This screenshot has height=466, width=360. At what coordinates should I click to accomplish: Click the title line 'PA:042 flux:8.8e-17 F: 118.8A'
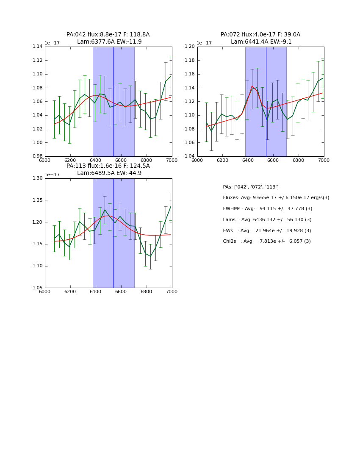pyautogui.click(x=108, y=35)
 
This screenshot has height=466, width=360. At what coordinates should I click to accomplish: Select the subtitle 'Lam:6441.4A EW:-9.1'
pyautogui.click(x=260, y=42)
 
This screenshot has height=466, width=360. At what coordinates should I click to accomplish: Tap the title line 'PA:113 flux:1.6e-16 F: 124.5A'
pyautogui.click(x=108, y=166)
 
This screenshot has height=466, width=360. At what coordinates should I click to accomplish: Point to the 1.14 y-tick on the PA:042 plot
pyautogui.click(x=38, y=47)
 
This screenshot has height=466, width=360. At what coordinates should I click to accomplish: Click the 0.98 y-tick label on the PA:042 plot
pyautogui.click(x=38, y=156)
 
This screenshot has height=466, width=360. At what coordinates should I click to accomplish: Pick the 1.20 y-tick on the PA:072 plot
pyautogui.click(x=190, y=47)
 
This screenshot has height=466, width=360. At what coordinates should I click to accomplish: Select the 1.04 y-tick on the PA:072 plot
pyautogui.click(x=190, y=156)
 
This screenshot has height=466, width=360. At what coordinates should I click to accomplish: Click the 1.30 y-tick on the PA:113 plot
pyautogui.click(x=38, y=178)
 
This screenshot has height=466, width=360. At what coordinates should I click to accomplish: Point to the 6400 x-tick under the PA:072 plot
pyautogui.click(x=248, y=161)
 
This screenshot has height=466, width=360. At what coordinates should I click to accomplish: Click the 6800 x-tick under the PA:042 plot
pyautogui.click(x=147, y=161)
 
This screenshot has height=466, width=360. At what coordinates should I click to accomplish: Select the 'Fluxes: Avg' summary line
pyautogui.click(x=276, y=198)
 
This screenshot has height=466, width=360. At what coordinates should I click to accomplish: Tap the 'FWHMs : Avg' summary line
pyautogui.click(x=267, y=209)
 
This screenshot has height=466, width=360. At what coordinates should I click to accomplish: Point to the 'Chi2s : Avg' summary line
pyautogui.click(x=267, y=241)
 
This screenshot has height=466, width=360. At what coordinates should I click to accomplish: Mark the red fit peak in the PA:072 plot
pyautogui.click(x=252, y=86)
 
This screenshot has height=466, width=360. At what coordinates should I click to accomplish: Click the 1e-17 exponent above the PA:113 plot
pyautogui.click(x=52, y=175)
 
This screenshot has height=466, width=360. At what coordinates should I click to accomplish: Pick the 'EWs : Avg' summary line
pyautogui.click(x=267, y=231)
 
